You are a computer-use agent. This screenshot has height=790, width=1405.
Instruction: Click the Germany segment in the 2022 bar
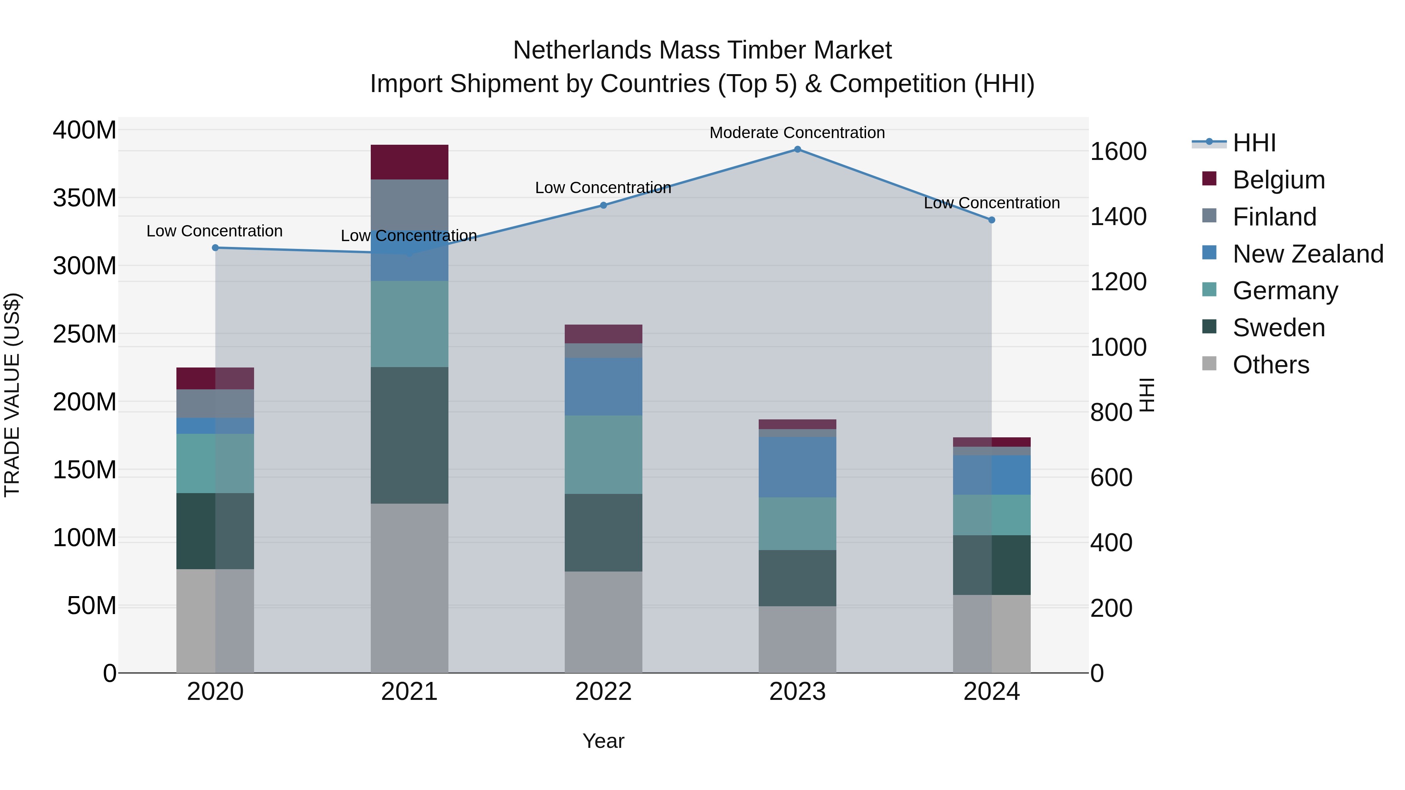(603, 455)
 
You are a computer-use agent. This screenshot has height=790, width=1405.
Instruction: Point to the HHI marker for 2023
(797, 149)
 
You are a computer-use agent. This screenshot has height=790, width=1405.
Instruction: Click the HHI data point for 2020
(215, 247)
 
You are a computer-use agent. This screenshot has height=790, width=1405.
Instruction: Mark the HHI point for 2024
(992, 220)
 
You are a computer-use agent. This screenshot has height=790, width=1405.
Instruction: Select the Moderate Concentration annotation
(797, 133)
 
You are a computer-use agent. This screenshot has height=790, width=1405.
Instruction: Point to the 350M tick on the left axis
(85, 198)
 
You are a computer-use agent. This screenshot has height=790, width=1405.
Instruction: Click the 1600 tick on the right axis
(1118, 152)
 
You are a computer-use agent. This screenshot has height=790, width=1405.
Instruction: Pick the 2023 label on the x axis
(797, 692)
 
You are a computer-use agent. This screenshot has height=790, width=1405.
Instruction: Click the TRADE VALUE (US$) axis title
(12, 395)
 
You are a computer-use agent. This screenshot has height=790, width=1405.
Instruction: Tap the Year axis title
(603, 741)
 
